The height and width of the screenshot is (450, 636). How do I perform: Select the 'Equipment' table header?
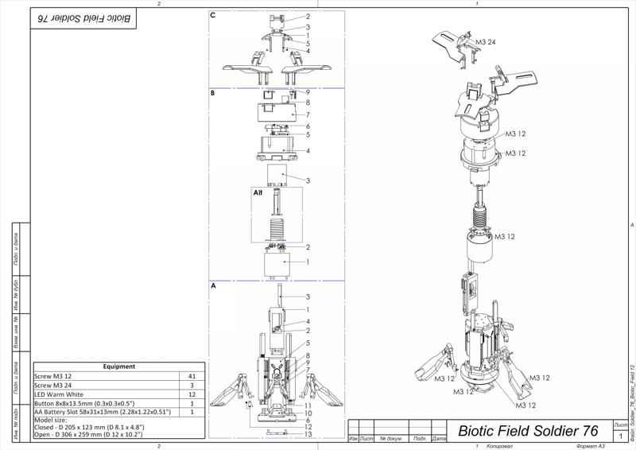tap(119, 367)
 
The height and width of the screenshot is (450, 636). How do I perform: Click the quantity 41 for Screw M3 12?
tap(191, 376)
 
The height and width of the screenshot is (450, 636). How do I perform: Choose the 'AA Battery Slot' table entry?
tap(102, 413)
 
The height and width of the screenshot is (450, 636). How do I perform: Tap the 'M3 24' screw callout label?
tap(486, 41)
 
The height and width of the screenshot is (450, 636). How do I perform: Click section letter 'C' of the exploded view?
tap(213, 15)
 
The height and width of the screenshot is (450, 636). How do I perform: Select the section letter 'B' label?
tap(213, 93)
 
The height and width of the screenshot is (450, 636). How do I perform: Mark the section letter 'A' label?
tap(213, 285)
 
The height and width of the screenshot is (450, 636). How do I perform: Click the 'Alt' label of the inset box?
tap(258, 192)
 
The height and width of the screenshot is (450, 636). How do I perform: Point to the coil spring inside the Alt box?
tap(277, 228)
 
